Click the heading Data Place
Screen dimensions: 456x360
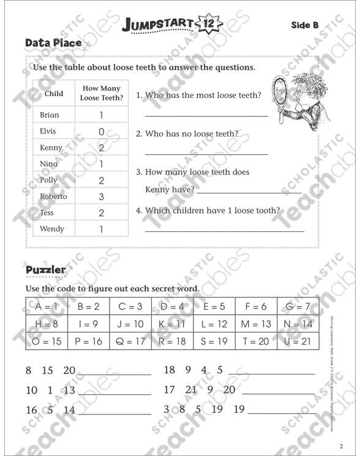[53, 43]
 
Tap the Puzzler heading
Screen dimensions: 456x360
[45, 269]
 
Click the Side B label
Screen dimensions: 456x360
[305, 25]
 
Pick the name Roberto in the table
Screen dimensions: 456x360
[53, 196]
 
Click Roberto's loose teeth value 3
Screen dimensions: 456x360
[102, 197]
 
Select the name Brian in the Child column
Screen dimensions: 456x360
[50, 115]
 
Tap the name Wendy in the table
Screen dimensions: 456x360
[52, 229]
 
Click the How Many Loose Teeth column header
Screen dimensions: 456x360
[102, 94]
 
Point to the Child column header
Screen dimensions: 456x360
[54, 94]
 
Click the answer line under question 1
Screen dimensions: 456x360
[206, 115]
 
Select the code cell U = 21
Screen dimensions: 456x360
[298, 342]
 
